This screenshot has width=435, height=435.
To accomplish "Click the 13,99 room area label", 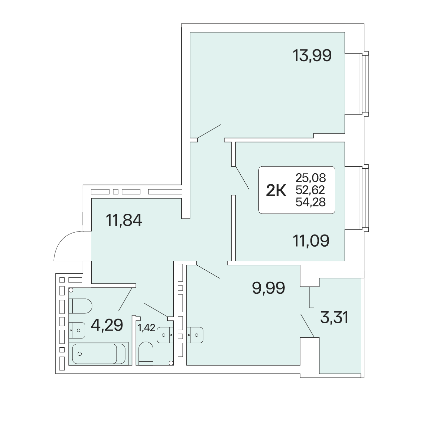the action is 312,56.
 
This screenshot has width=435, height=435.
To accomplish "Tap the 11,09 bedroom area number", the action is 311,241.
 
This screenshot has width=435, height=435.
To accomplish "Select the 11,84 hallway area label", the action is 124,220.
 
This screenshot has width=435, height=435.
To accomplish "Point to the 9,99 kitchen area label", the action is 268,288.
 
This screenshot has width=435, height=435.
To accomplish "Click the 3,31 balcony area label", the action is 334,317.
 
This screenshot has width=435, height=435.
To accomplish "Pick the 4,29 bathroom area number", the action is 107,325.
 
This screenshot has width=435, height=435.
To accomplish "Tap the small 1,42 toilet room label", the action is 147,328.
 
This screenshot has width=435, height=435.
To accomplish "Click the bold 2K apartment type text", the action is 276,190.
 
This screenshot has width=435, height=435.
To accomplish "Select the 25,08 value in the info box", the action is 311,178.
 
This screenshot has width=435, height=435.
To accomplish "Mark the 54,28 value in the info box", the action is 311,202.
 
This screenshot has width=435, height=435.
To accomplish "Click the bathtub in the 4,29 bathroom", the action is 99,354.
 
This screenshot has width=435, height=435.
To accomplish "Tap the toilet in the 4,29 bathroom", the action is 80,306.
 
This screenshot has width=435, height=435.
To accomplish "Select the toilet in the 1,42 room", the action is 146,353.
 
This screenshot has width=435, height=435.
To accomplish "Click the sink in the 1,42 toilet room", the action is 165,335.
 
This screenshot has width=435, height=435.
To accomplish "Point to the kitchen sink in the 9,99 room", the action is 195,335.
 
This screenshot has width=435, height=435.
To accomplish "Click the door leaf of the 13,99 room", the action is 209,131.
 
